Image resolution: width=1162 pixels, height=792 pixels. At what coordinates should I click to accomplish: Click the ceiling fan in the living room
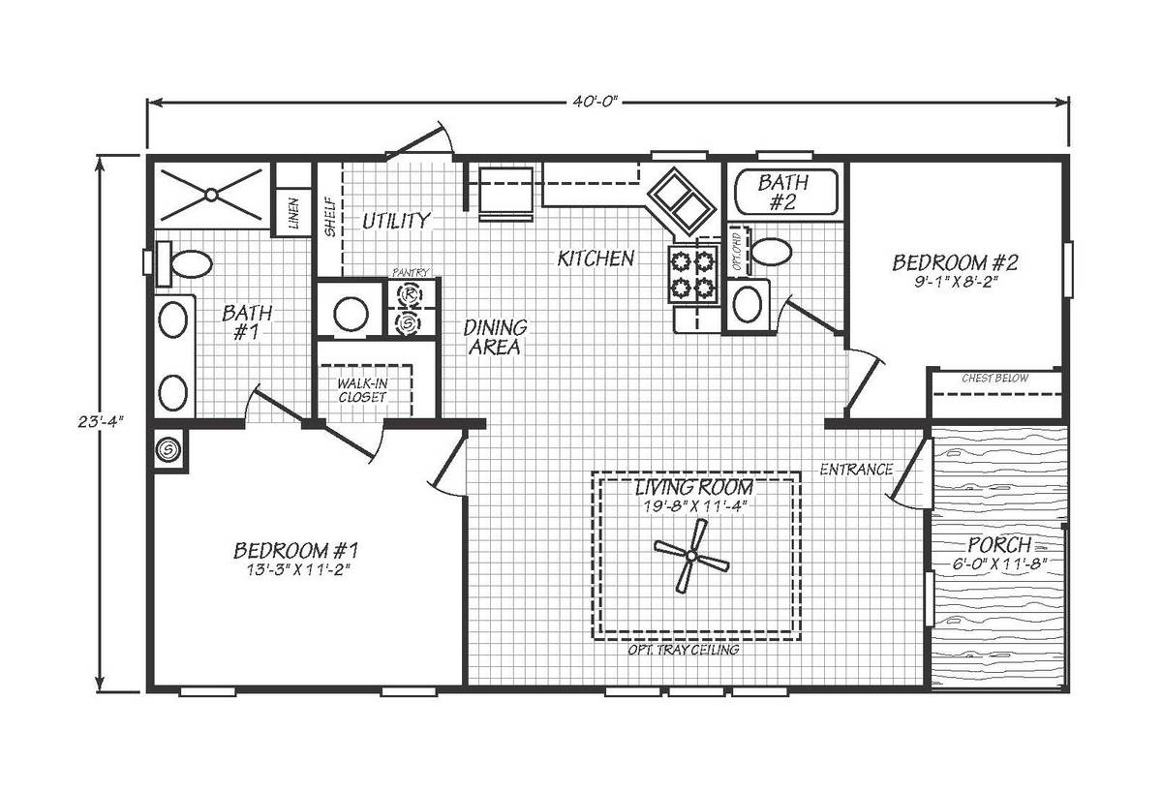691,557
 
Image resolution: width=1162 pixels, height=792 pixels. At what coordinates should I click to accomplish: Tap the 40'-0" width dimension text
596,102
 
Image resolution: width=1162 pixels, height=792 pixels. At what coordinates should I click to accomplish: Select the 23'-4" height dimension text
101,422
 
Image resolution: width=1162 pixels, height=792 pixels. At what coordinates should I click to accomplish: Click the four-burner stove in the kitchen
693,274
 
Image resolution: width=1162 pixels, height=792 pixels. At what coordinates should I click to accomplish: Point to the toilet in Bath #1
185,263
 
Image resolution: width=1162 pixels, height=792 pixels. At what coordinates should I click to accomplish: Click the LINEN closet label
293,213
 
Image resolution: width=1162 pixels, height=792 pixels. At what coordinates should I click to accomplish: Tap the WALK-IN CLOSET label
362,390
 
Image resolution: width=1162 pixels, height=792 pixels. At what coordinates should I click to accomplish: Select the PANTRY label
411,272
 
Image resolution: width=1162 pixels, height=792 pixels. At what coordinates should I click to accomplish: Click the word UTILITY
396,221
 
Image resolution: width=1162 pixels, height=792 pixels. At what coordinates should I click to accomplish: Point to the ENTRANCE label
856,470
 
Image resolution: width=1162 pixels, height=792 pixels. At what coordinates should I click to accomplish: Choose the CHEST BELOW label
995,379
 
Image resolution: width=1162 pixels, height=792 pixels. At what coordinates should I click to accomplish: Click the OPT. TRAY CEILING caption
684,650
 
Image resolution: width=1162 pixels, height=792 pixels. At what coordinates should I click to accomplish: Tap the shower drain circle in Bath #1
211,195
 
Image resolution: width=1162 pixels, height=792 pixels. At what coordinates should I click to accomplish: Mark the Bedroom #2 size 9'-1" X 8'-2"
956,283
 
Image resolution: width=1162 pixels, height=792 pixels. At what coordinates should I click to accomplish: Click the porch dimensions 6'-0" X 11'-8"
999,564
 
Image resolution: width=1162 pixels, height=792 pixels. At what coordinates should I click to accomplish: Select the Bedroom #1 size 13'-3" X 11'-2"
295,570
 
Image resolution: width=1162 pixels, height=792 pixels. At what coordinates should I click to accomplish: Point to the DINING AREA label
495,337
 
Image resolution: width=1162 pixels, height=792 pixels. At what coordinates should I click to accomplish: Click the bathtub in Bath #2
786,192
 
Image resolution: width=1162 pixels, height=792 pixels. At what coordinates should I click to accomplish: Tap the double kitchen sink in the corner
682,200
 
